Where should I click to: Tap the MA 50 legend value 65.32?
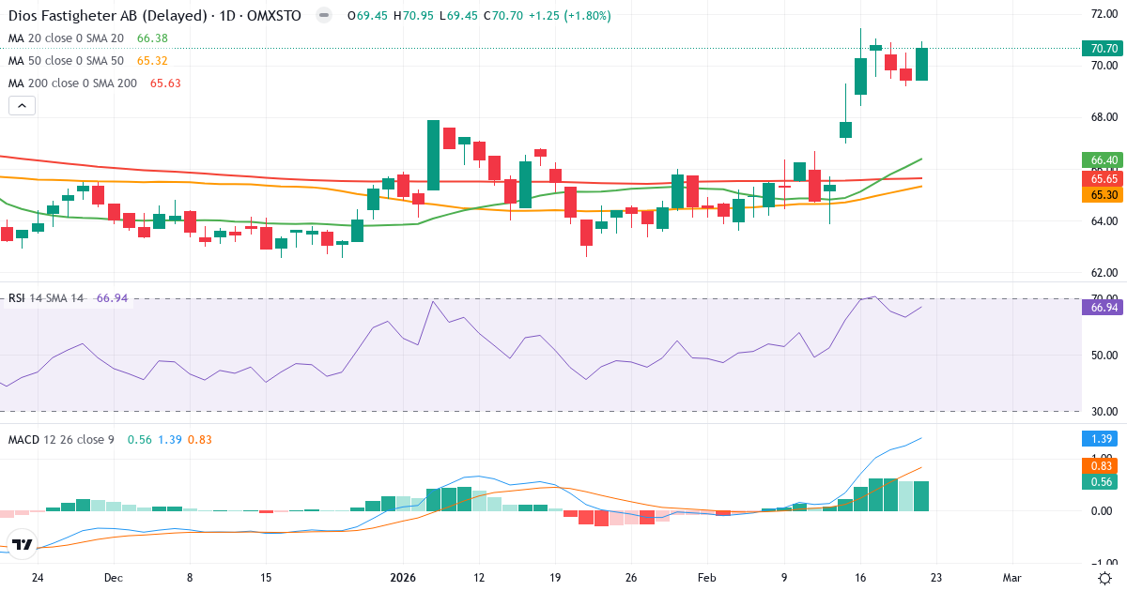point(152,61)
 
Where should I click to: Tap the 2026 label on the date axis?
point(403,578)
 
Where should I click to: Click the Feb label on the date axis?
point(707,578)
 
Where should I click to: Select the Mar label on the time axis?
point(1011,578)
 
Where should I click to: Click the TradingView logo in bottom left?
point(23,544)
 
